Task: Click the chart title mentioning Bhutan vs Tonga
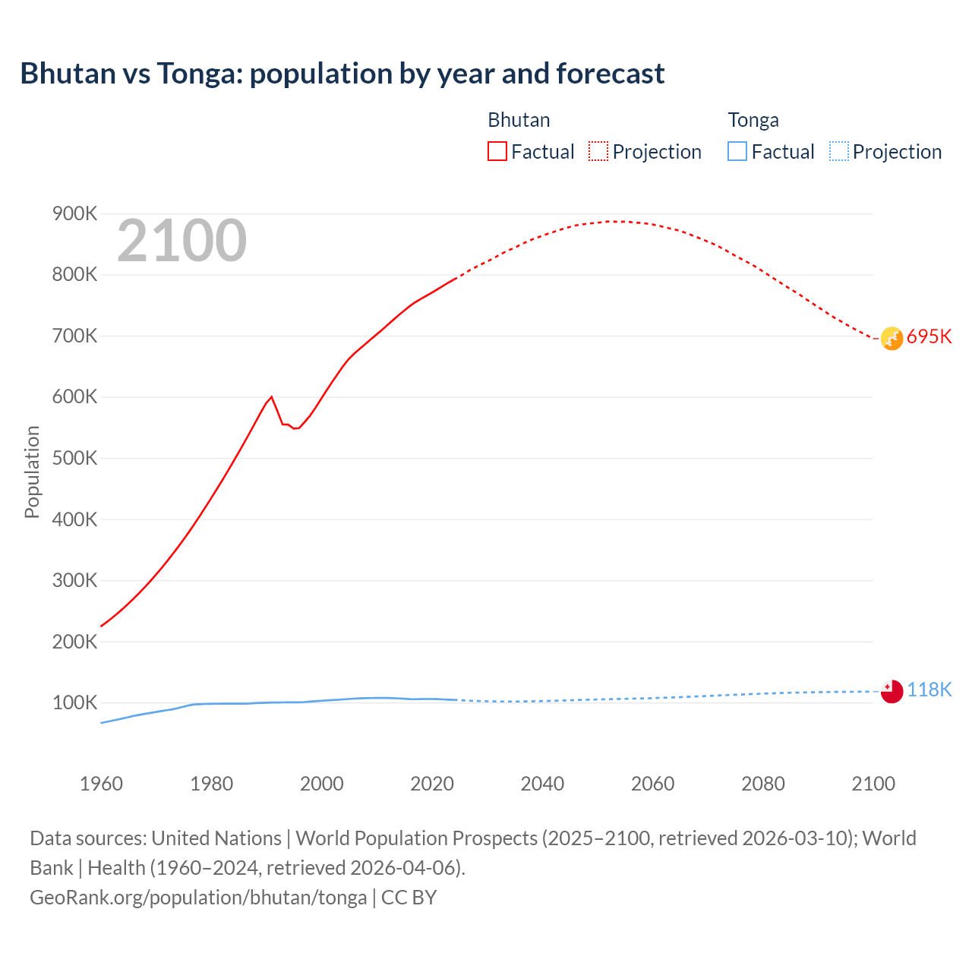coord(342,74)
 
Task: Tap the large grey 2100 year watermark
coord(181,241)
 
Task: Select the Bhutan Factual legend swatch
coord(497,152)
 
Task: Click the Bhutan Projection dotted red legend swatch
coord(598,152)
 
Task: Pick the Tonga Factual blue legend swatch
coord(737,152)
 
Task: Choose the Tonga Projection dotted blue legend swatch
coord(838,152)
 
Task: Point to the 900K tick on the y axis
coord(74,214)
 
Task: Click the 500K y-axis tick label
coord(74,459)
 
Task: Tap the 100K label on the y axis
coord(74,703)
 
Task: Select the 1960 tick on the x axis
coord(101,784)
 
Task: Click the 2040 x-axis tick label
coord(542,784)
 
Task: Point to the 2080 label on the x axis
coord(762,784)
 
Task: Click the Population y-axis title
coord(32,472)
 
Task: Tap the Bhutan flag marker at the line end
coord(892,339)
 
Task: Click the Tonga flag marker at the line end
coord(892,691)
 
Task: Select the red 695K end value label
coord(929,337)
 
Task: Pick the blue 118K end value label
coord(929,690)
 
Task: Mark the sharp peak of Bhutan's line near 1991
coord(272,396)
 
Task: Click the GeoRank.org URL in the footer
coord(198,898)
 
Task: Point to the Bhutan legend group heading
coord(519,120)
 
